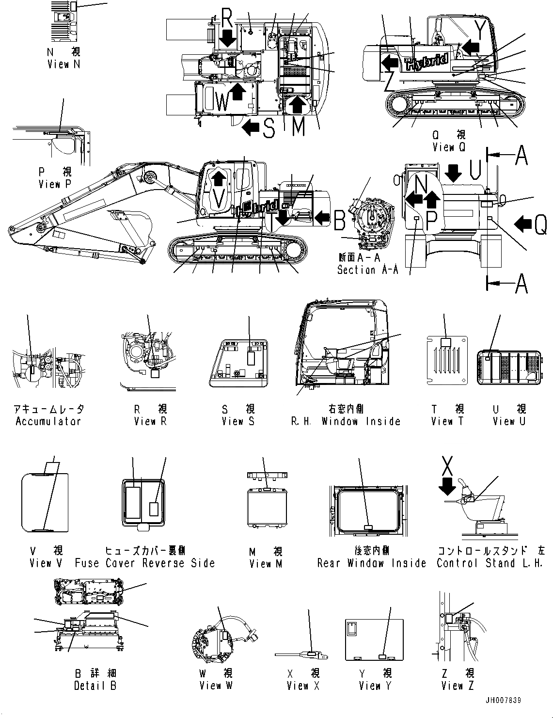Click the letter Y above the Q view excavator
(479, 31)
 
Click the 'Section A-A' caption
(367, 270)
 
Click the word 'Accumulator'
(48, 421)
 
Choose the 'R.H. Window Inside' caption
(346, 421)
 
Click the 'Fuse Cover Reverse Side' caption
(144, 563)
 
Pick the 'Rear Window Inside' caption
(372, 563)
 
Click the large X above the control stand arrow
(449, 466)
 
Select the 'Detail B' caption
(95, 686)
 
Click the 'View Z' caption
(458, 686)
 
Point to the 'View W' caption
(216, 686)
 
